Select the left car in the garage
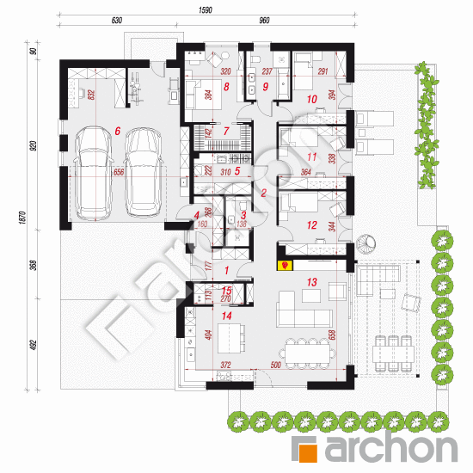pyautogui.click(x=92, y=172)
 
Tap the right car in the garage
pyautogui.click(x=144, y=172)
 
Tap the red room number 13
pyautogui.click(x=311, y=282)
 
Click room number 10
pyautogui.click(x=311, y=99)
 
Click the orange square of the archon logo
pyautogui.click(x=308, y=447)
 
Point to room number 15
pyautogui.click(x=227, y=292)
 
